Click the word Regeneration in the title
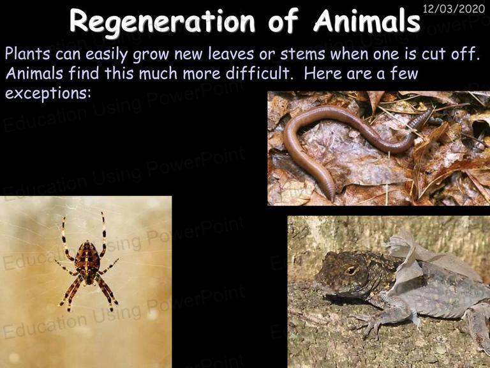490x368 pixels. pos(162,22)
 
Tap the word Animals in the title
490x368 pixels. pos(367,20)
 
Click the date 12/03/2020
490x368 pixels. pos(454,9)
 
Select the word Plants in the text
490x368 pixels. pos(27,54)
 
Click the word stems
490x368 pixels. pos(303,54)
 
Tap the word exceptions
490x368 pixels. pos(48,93)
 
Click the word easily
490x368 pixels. pos(107,54)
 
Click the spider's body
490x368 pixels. pos(87,262)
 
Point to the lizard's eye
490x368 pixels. pos(351,270)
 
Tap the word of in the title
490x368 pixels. pos(283,20)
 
